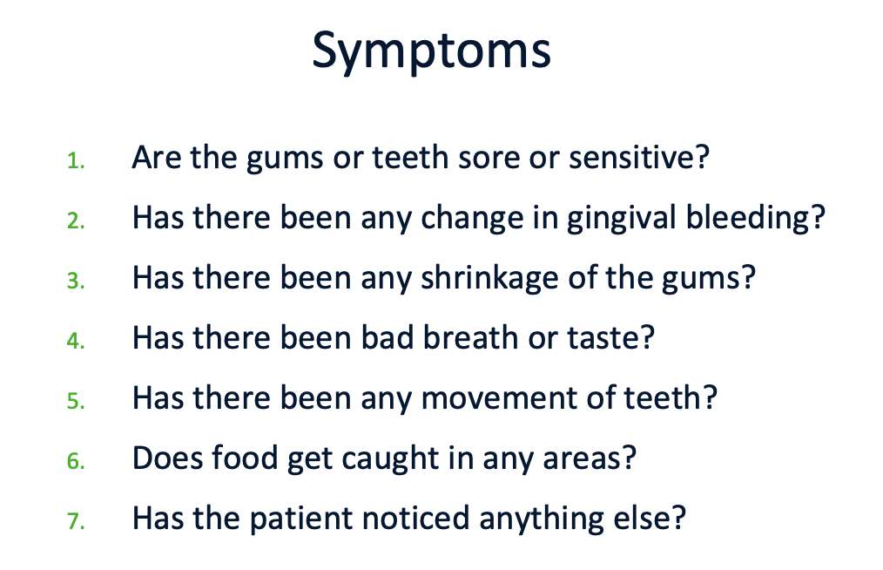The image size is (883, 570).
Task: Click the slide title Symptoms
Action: pyautogui.click(x=431, y=52)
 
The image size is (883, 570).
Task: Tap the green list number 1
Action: pyautogui.click(x=76, y=160)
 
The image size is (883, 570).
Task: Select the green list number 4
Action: pyautogui.click(x=76, y=341)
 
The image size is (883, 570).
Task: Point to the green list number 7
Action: pyautogui.click(x=76, y=521)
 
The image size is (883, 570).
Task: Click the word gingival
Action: pyautogui.click(x=621, y=219)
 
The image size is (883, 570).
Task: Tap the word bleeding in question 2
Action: pyautogui.click(x=747, y=219)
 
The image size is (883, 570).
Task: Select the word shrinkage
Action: pyautogui.click(x=490, y=279)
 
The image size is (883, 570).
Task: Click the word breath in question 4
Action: pyautogui.click(x=471, y=337)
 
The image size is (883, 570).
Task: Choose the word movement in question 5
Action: pyautogui.click(x=499, y=399)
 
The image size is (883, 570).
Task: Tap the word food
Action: pyautogui.click(x=245, y=458)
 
